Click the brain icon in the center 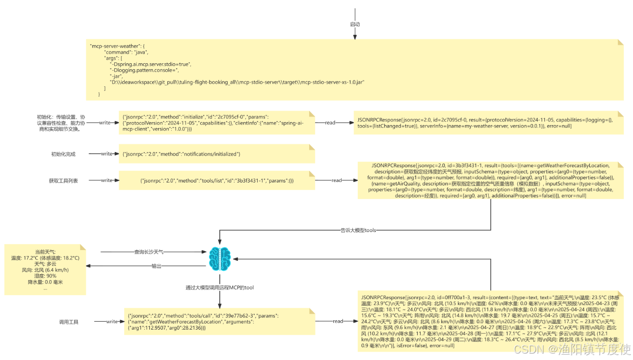pos(219,258)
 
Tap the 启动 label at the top pos(355,24)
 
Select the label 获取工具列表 pos(63,181)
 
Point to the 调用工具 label pos(69,322)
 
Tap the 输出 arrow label pos(157,266)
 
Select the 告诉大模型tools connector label pos(358,230)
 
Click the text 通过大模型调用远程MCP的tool pos(219,287)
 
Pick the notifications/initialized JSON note pos(216,154)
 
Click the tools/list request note pos(216,181)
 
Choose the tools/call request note pos(219,321)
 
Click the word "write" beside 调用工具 pos(112,322)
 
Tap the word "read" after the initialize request pos(330,123)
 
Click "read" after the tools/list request pos(337,180)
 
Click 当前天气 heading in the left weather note pos(45,251)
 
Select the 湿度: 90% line pos(45,276)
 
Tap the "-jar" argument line pos(117,76)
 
